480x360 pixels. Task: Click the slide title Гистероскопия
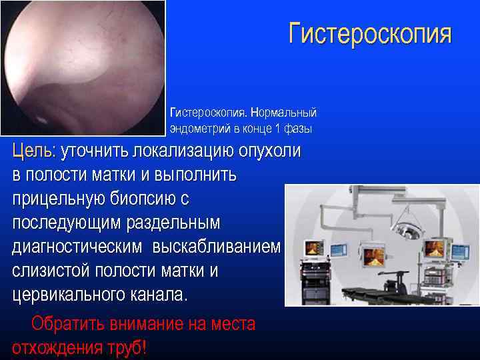[370, 34]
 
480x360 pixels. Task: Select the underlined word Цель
[33, 151]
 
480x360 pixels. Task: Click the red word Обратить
[67, 325]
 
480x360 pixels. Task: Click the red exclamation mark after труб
[144, 348]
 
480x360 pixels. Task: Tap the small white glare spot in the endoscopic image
[40, 121]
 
